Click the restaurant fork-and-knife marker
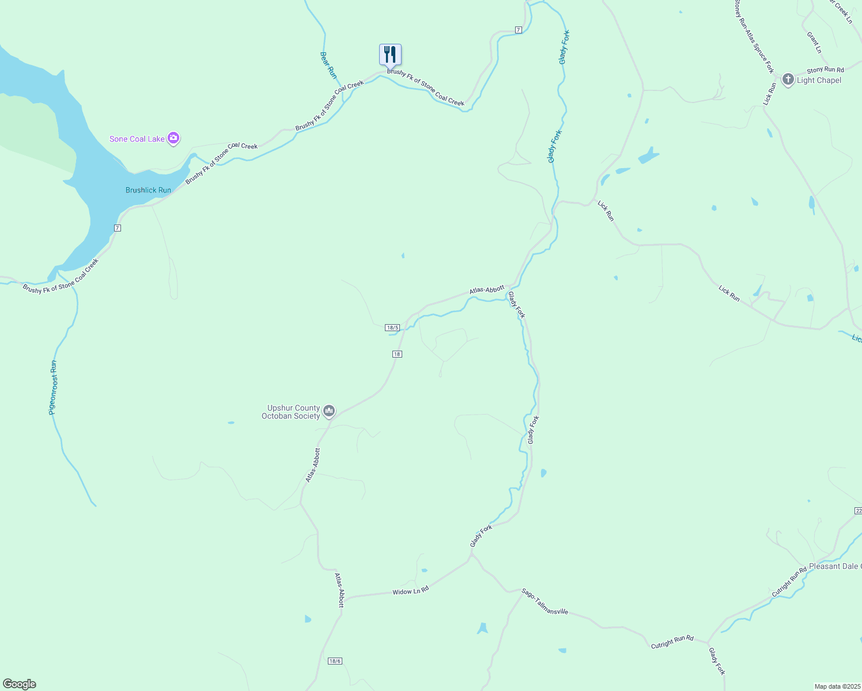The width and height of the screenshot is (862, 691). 390,55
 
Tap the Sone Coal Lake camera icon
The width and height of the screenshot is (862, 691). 173,138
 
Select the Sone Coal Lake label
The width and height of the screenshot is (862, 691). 137,139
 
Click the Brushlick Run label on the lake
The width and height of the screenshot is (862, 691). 148,190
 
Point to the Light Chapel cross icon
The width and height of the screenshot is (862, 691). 788,79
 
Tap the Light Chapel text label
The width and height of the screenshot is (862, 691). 819,80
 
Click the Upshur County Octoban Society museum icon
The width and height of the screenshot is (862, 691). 329,411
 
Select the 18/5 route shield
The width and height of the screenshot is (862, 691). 392,328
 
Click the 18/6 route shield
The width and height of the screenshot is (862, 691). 335,661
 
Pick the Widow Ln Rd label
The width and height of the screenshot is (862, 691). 410,591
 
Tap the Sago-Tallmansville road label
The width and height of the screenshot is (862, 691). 545,601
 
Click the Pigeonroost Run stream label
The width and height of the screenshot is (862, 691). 53,388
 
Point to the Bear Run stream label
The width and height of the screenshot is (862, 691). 328,65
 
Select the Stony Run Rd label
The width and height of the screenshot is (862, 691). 825,70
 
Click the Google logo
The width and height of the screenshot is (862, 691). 20,684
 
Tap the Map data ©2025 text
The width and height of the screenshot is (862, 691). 837,686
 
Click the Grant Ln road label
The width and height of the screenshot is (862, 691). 814,42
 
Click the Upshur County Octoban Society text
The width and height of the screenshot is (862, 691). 293,412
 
